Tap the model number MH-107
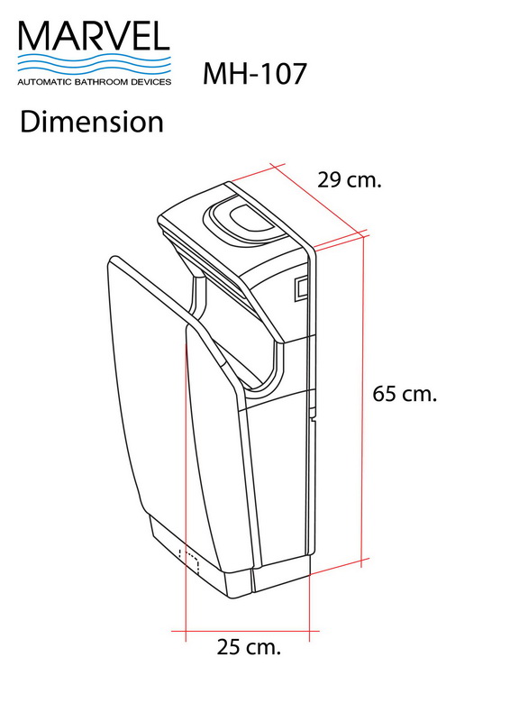[255, 73]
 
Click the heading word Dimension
[92, 122]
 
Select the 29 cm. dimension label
[350, 179]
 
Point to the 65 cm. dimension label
[405, 394]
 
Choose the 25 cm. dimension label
[249, 646]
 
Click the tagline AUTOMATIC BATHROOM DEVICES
[94, 81]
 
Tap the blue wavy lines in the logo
[94, 63]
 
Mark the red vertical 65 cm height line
[364, 397]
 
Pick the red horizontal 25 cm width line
[248, 631]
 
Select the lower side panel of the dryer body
[281, 487]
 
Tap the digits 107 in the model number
[283, 73]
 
